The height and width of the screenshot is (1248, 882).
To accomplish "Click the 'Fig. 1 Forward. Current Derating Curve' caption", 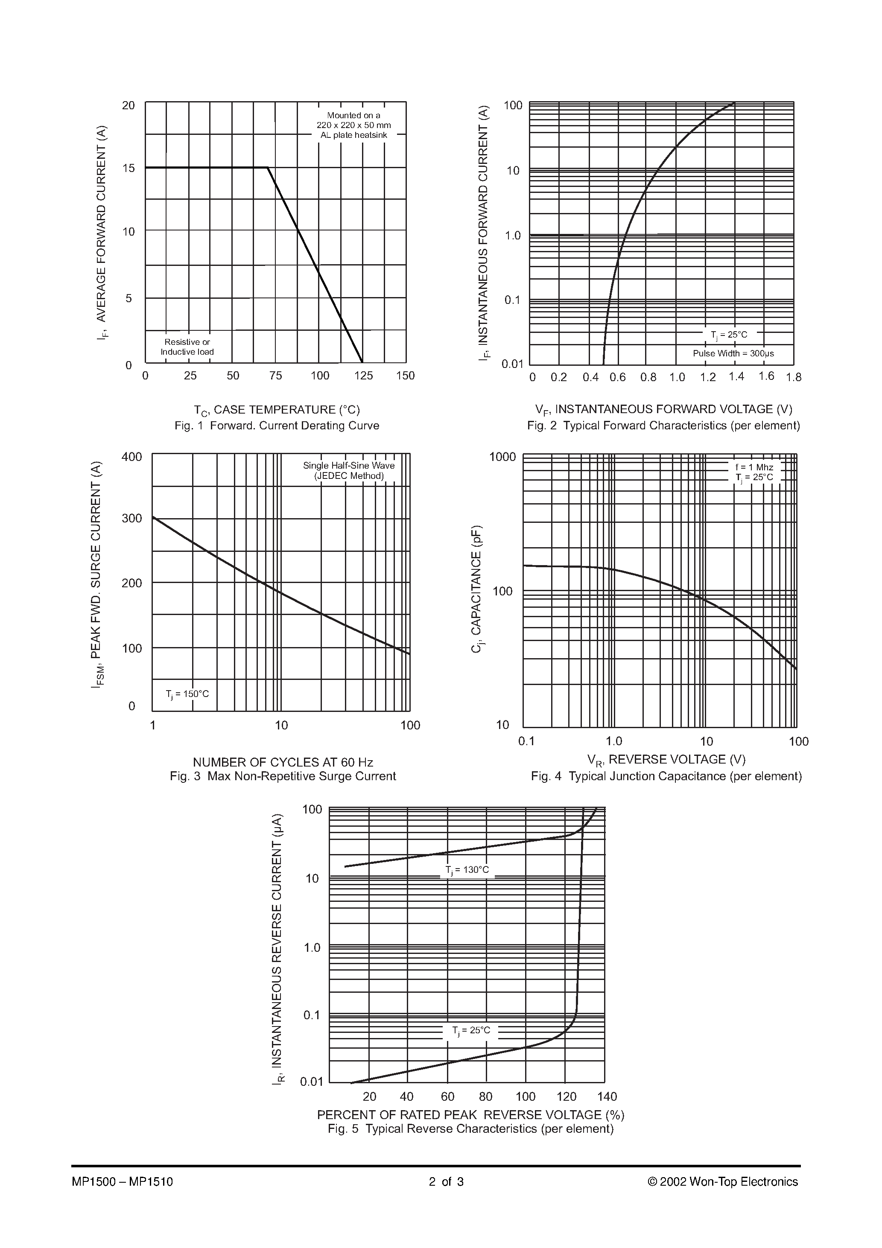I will [x=277, y=426].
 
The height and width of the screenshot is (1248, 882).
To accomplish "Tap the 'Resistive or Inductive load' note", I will [x=187, y=347].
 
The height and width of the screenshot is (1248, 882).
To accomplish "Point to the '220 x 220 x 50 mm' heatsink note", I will [x=353, y=125].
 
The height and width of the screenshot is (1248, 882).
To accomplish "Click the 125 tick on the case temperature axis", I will [x=363, y=376].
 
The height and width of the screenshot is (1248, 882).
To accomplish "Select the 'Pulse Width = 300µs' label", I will [x=733, y=353].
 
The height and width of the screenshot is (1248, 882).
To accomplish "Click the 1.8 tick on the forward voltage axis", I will [x=793, y=377].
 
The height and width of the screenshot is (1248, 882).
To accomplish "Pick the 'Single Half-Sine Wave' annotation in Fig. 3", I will [x=348, y=465].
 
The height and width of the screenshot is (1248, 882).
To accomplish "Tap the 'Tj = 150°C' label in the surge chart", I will [x=187, y=694].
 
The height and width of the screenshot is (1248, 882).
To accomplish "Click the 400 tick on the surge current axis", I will [x=131, y=457].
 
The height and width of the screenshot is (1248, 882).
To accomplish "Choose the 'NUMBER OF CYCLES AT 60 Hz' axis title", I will [x=283, y=762].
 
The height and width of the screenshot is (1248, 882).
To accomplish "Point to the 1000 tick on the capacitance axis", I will [x=502, y=457].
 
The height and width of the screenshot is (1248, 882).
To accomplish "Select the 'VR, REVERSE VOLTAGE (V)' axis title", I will [x=666, y=760].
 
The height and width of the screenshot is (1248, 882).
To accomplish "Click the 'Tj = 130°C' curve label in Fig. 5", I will [x=467, y=870].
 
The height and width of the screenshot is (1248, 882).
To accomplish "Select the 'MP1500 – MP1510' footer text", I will [x=123, y=1181].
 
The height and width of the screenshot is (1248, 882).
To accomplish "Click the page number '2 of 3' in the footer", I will [x=446, y=1181].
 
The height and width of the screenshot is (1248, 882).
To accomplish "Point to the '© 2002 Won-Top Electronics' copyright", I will [x=723, y=1181].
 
